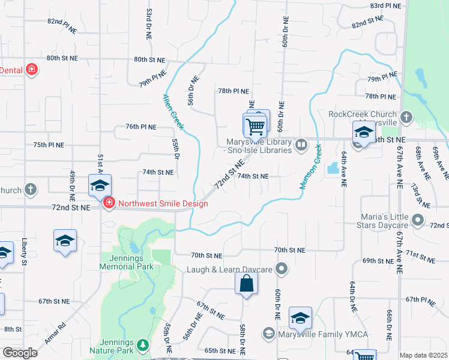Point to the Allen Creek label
click(173, 112)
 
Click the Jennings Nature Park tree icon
click(142, 344)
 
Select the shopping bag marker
click(246, 284)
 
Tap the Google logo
click(19, 353)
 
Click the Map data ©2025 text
click(423, 355)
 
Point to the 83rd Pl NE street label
click(385, 5)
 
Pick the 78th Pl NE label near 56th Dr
click(234, 91)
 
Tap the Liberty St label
click(25, 253)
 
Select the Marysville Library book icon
click(301, 145)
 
